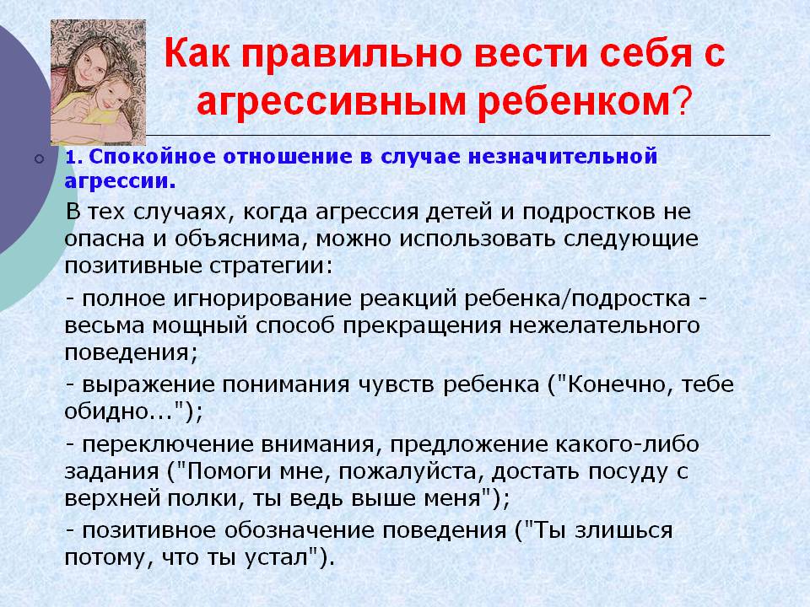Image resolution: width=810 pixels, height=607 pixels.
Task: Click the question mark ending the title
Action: coord(682,100)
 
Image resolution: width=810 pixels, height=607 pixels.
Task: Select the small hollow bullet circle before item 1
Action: coord(40,159)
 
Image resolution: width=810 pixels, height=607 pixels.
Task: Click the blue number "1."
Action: coord(74,157)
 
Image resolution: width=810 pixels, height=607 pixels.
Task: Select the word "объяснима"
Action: coord(238,239)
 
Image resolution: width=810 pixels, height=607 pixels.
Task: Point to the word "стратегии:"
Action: coord(271,266)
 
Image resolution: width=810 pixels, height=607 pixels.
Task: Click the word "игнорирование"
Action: coord(262,299)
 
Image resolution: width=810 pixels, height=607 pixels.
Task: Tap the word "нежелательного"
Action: coord(604,326)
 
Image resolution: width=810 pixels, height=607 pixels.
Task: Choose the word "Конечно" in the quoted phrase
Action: coord(620,385)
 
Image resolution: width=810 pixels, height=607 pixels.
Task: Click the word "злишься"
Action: coord(624,531)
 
